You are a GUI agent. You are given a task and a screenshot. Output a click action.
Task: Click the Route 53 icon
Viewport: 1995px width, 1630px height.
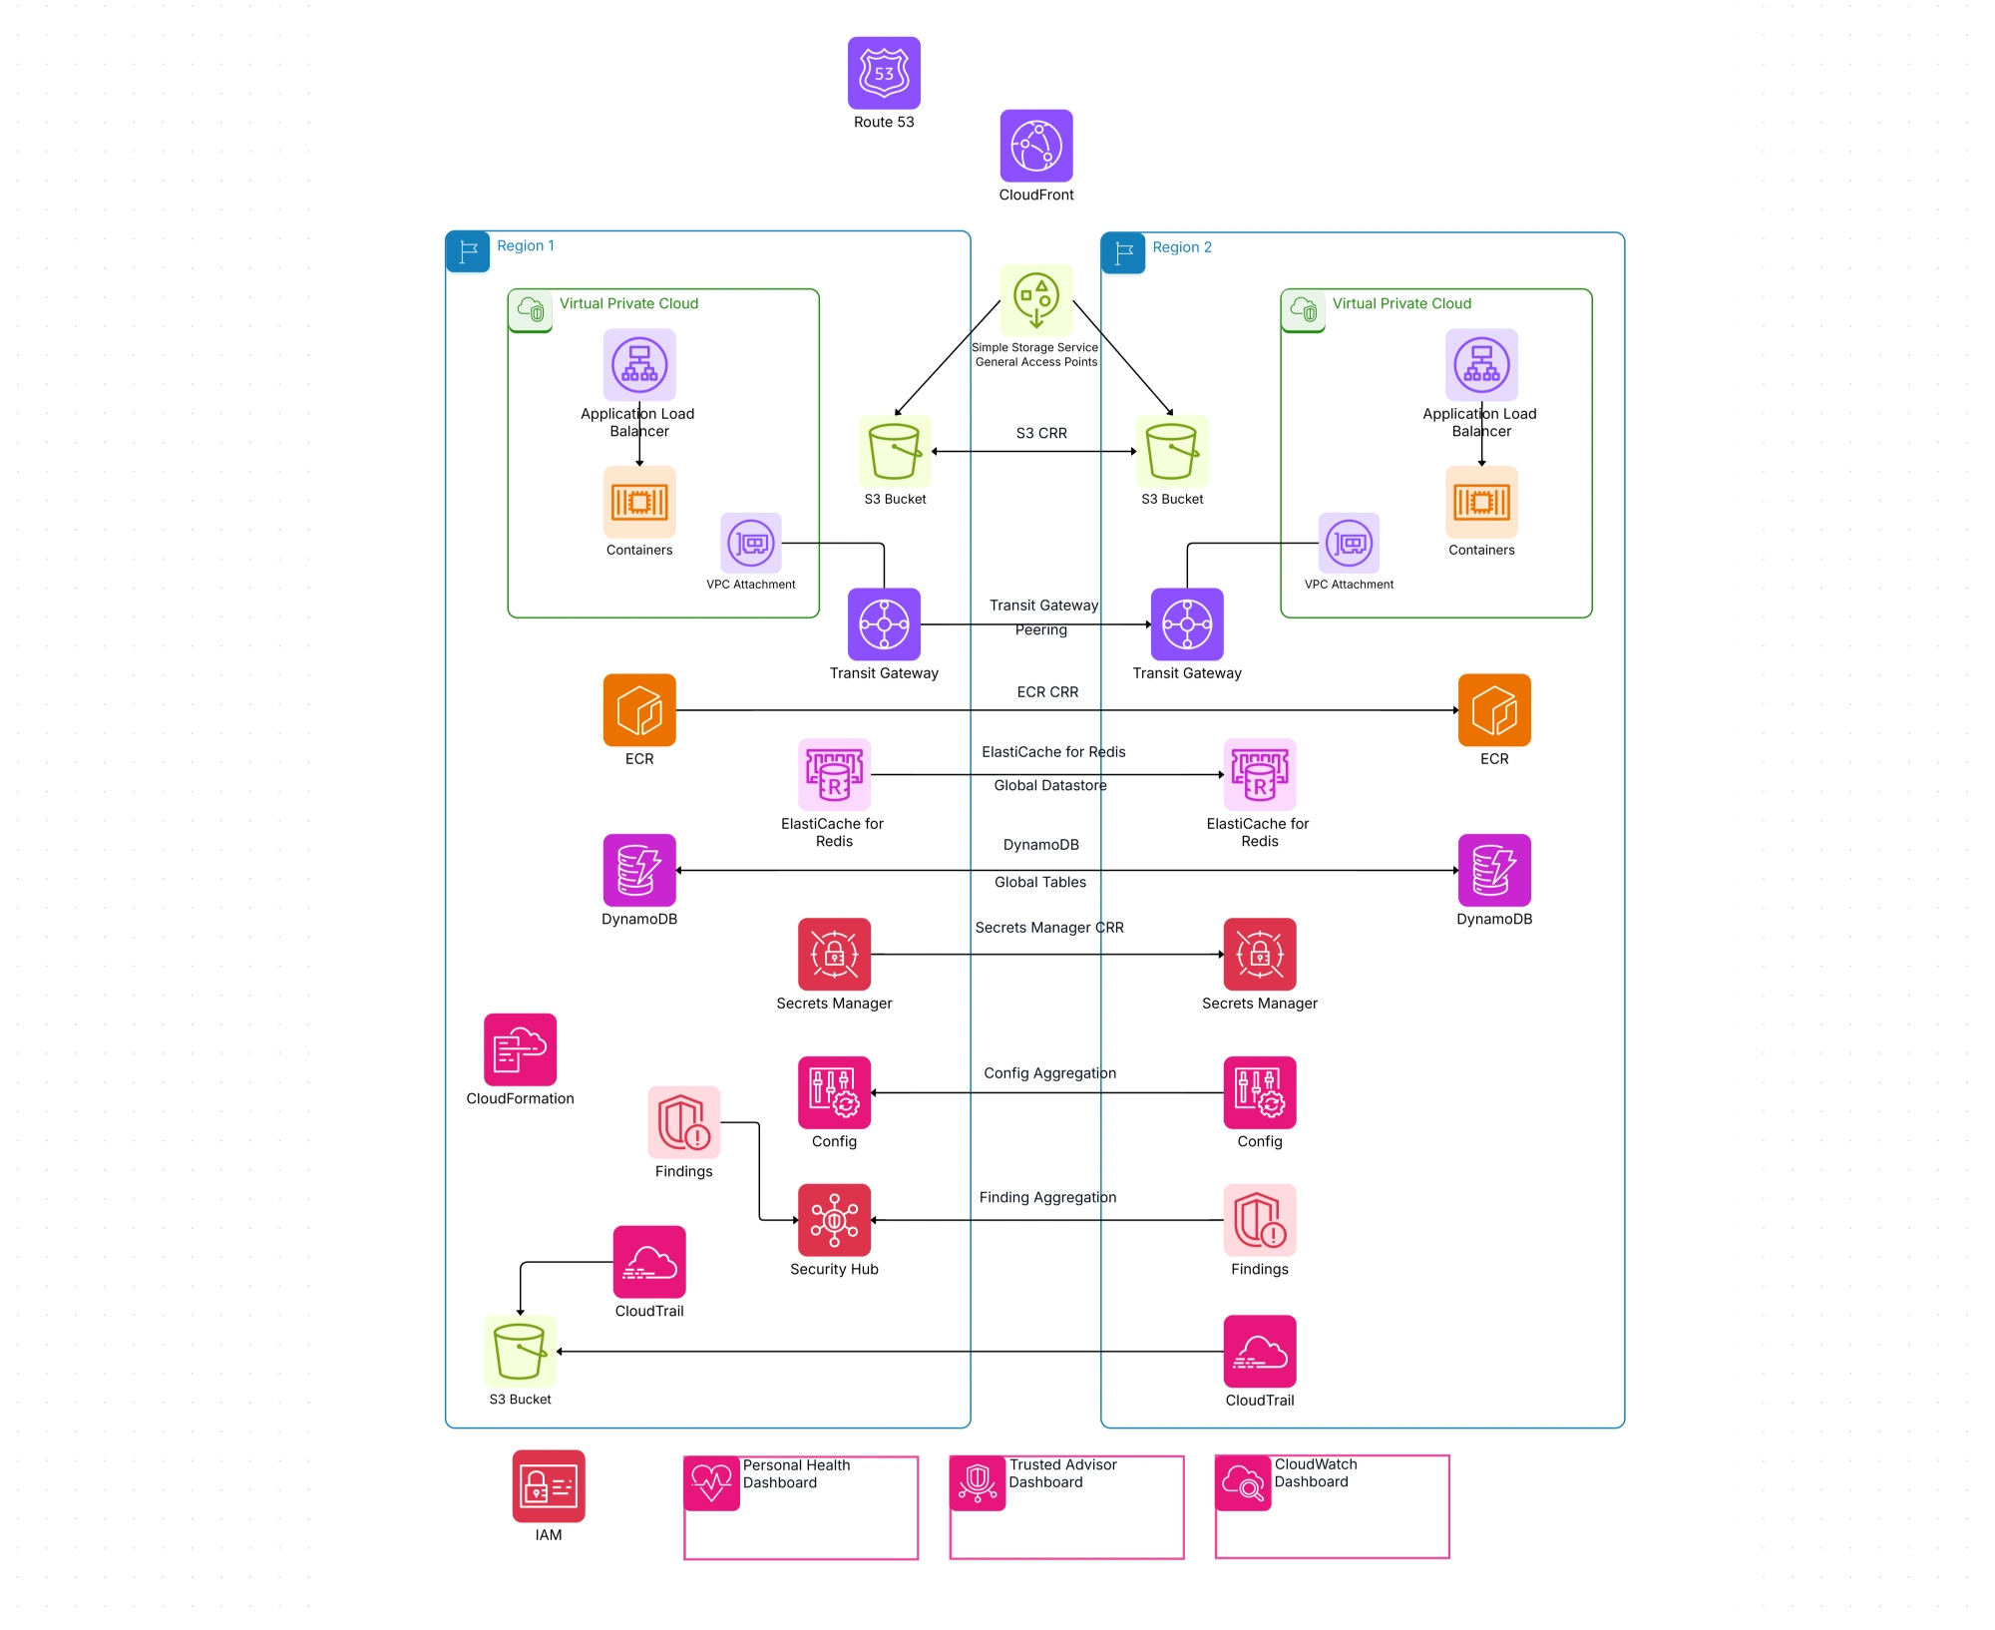pos(884,73)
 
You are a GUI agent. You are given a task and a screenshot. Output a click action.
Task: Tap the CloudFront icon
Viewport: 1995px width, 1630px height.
pos(1036,146)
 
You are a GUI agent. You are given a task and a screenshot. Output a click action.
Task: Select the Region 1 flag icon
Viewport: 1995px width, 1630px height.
pos(468,251)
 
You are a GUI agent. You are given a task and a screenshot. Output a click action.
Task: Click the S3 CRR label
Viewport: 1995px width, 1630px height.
pos(1041,433)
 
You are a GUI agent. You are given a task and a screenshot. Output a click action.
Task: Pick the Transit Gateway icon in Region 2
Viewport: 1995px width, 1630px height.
pos(1187,624)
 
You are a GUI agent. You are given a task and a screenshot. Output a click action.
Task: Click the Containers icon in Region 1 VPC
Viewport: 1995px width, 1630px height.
pos(639,502)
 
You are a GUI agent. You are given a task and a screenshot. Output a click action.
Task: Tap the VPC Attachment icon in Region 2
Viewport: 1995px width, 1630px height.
pos(1349,544)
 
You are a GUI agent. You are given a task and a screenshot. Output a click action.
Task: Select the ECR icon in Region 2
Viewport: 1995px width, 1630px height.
pos(1494,710)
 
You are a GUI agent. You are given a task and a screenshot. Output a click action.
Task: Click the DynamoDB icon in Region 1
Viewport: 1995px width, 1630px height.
pos(639,870)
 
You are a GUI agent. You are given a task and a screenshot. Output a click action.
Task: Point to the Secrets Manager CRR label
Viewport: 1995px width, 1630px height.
pos(1049,928)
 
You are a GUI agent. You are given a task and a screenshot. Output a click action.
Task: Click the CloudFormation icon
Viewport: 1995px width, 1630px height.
pos(520,1049)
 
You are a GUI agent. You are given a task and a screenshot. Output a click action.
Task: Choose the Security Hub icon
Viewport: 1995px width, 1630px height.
pos(834,1220)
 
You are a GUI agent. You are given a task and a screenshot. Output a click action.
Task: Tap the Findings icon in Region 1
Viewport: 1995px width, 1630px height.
pos(683,1122)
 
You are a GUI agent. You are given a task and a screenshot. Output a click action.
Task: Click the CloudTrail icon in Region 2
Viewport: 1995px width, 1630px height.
pos(1260,1351)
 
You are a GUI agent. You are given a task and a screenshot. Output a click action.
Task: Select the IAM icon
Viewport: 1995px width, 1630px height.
pos(549,1486)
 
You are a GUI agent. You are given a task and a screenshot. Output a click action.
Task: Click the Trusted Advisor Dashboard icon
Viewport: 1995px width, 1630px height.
pos(978,1483)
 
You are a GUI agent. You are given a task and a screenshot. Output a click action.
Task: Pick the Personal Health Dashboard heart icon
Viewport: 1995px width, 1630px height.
pos(711,1483)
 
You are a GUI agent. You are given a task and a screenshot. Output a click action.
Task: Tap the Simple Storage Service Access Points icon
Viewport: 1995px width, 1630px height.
pos(1036,300)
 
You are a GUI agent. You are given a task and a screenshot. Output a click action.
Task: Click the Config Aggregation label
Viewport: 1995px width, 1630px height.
pos(1049,1073)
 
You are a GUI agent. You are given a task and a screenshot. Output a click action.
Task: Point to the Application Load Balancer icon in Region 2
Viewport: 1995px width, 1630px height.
pos(1481,365)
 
